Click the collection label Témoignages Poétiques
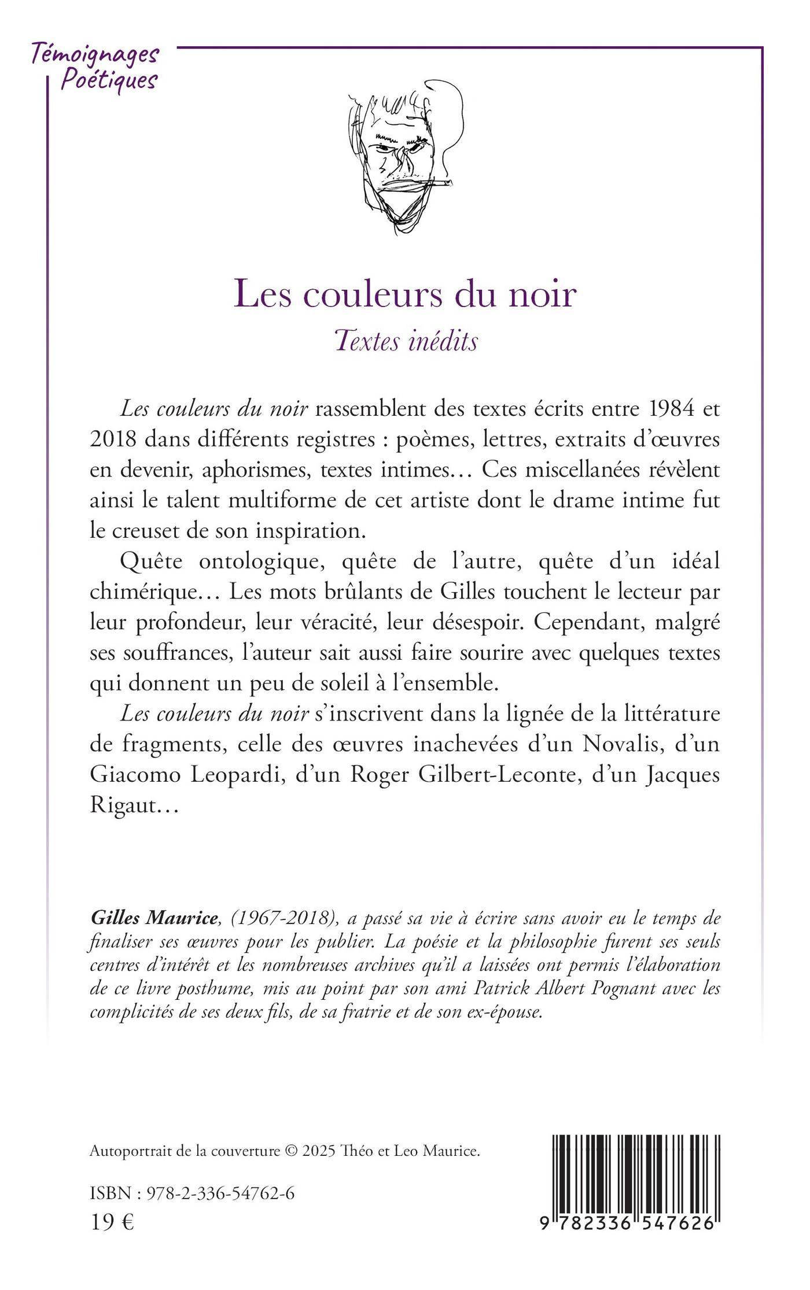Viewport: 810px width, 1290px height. (x=94, y=65)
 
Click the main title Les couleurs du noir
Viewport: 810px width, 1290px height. (x=405, y=294)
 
